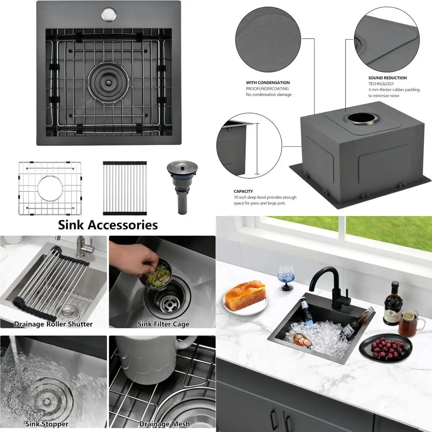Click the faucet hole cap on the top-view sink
108,14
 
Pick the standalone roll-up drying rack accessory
124,188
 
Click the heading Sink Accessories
108,225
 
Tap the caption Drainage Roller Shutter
53,324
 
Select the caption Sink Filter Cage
163,324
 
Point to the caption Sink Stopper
47,424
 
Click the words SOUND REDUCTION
387,78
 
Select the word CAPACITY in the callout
243,191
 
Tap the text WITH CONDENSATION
268,83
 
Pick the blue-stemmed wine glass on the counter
286,276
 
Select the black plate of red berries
385,347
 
